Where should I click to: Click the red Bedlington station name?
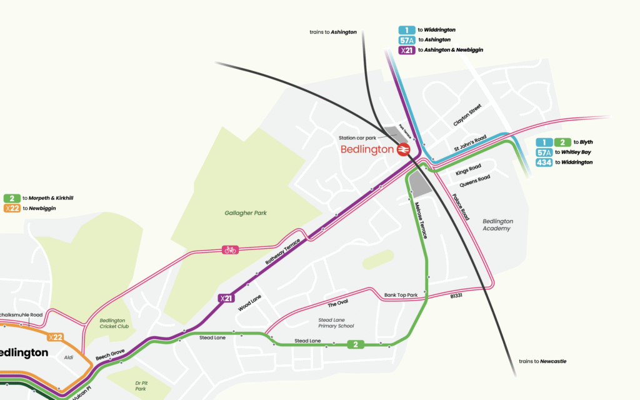tap(367, 149)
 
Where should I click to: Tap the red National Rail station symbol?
tap(403, 149)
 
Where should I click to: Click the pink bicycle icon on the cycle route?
tap(230, 250)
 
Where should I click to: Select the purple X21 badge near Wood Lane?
tap(226, 298)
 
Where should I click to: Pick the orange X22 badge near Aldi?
tap(56, 337)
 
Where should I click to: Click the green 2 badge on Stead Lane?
tap(356, 344)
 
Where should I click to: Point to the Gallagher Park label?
tap(246, 213)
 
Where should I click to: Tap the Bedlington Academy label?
tap(497, 225)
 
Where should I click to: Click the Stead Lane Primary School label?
tap(336, 322)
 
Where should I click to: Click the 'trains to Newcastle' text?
tap(542, 361)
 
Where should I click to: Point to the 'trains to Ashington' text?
tap(332, 31)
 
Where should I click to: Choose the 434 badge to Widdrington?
tap(545, 162)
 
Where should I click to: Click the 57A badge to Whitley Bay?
tap(545, 152)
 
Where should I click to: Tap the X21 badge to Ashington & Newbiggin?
tap(407, 50)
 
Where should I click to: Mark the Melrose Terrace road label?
tap(421, 219)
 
